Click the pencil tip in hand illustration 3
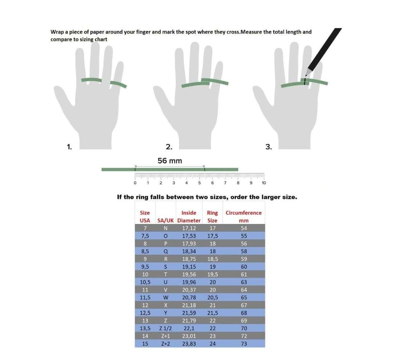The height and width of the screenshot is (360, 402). (x=306, y=76)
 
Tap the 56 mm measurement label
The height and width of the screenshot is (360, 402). (x=170, y=161)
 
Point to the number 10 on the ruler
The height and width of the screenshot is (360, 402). (x=264, y=183)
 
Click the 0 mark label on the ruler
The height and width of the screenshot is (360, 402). (x=135, y=183)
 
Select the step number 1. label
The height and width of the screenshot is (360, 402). (x=69, y=147)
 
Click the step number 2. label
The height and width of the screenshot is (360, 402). (x=169, y=147)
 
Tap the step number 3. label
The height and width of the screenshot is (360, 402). (x=268, y=147)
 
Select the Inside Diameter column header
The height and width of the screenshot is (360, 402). (x=189, y=217)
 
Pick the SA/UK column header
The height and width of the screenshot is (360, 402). (x=165, y=221)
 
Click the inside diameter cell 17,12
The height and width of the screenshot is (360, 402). (x=189, y=228)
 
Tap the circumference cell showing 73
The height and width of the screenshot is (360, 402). (x=244, y=344)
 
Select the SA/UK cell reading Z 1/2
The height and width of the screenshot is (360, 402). (x=165, y=328)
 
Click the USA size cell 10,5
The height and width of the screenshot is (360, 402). (x=145, y=282)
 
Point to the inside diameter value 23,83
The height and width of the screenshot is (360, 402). (x=189, y=344)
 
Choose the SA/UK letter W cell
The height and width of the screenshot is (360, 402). (x=166, y=298)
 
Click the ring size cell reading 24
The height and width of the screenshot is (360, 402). (x=213, y=344)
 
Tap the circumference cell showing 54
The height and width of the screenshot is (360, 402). (x=244, y=228)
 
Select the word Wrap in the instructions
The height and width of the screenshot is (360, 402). (x=57, y=32)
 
